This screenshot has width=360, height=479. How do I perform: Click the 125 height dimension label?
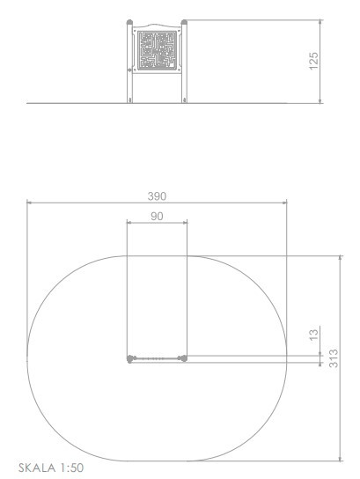pyautogui.click(x=313, y=61)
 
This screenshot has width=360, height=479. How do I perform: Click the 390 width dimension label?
pyautogui.click(x=157, y=196)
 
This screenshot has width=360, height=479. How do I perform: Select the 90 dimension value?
pyautogui.click(x=157, y=217)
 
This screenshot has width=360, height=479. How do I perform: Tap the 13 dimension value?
pyautogui.click(x=313, y=335)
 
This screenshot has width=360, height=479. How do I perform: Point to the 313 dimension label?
pyautogui.click(x=334, y=358)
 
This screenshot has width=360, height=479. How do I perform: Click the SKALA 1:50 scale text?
pyautogui.click(x=51, y=468)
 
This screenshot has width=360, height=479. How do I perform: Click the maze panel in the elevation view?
pyautogui.click(x=157, y=50)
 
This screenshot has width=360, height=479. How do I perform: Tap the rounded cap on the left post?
pyautogui.click(x=129, y=22)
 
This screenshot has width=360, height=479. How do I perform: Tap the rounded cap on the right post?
pyautogui.click(x=184, y=22)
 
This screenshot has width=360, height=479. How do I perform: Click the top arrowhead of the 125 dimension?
pyautogui.click(x=320, y=22)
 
